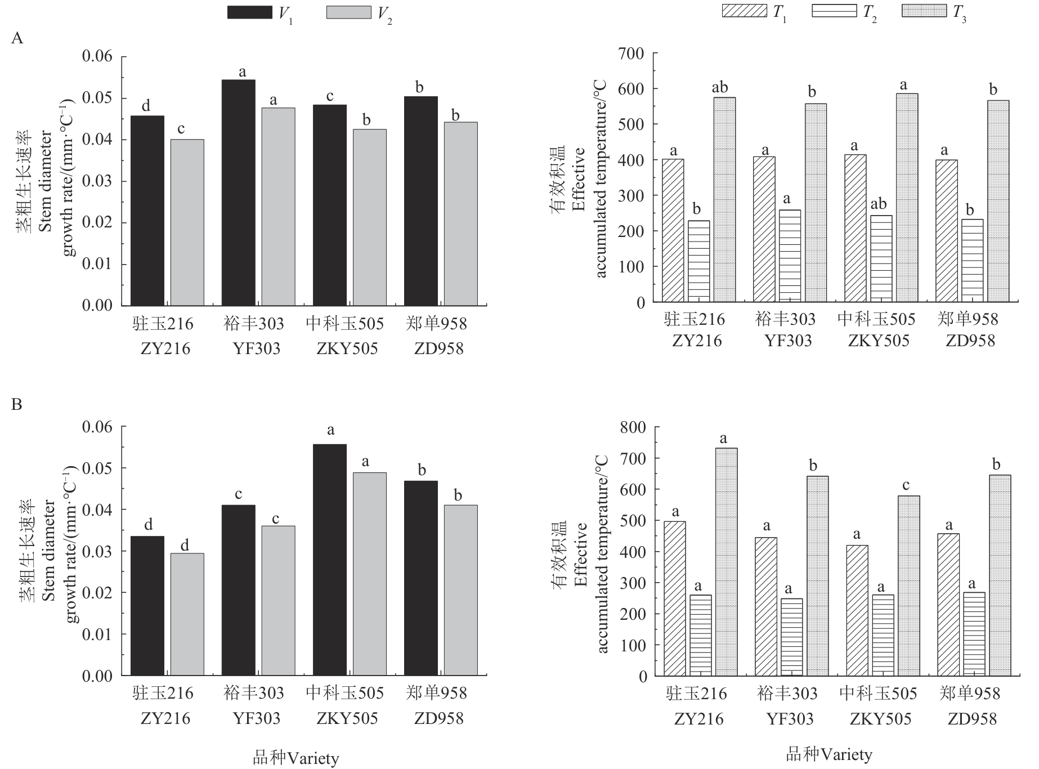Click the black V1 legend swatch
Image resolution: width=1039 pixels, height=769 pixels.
pyautogui.click(x=249, y=12)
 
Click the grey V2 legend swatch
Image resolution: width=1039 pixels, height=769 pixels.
pyautogui.click(x=348, y=12)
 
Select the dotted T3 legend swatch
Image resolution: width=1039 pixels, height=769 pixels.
pyautogui.click(x=924, y=11)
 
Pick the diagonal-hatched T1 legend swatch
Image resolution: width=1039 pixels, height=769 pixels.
pyautogui.click(x=744, y=11)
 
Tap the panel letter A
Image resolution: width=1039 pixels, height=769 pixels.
pyautogui.click(x=17, y=38)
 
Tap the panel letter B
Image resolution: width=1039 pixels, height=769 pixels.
pyautogui.click(x=17, y=404)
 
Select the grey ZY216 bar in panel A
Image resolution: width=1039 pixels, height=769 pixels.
pyautogui.click(x=187, y=222)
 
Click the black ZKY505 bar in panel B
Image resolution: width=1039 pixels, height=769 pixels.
pyautogui.click(x=329, y=560)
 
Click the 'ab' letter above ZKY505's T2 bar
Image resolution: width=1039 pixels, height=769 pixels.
pyautogui.click(x=881, y=204)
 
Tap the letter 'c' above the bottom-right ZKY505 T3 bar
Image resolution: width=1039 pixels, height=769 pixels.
pyautogui.click(x=905, y=485)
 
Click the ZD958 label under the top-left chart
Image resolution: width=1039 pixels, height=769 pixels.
pyautogui.click(x=438, y=349)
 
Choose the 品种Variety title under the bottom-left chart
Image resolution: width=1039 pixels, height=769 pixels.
pyautogui.click(x=295, y=758)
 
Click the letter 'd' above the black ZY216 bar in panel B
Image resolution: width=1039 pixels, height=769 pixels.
pyautogui.click(x=148, y=525)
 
